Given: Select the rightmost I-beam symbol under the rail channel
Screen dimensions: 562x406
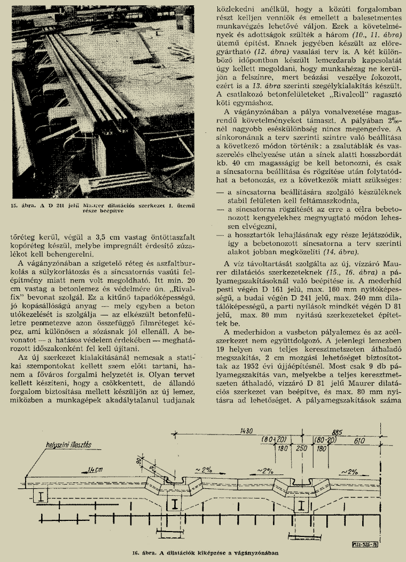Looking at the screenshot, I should coord(303,504).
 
